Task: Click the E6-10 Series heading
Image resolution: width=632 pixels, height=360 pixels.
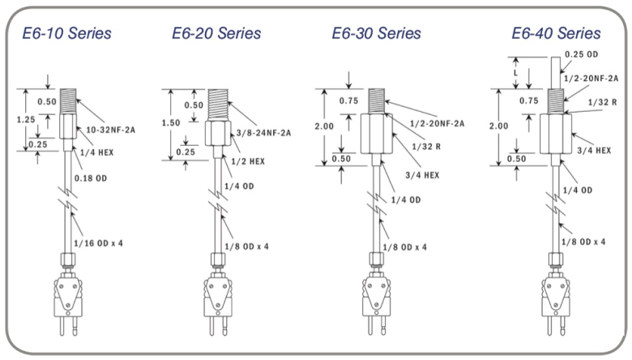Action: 67,34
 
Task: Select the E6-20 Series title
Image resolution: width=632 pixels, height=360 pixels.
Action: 216,34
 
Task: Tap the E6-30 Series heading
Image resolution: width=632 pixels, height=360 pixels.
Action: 377,34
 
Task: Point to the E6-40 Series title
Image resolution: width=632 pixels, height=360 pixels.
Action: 556,34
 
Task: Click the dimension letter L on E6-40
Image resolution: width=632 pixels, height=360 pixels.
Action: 517,73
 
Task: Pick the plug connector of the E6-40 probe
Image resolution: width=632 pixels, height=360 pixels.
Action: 556,296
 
